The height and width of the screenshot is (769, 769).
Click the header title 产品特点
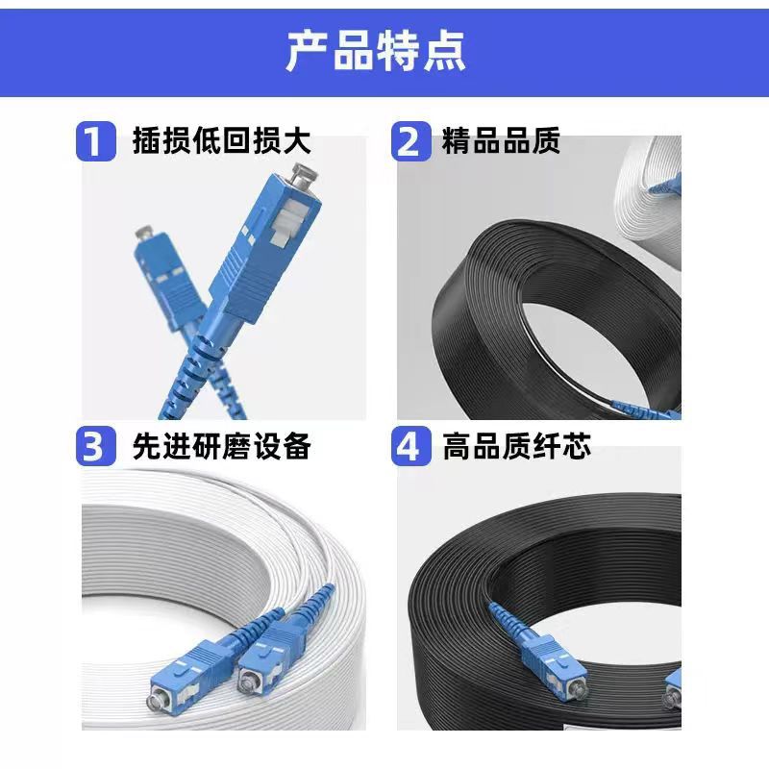click(376, 51)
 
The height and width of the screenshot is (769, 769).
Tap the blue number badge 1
click(96, 141)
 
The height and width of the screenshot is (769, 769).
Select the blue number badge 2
click(411, 141)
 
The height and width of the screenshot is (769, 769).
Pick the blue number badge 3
click(96, 446)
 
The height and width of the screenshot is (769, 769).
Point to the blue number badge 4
click(411, 446)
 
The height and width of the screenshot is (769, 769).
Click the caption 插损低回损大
click(222, 140)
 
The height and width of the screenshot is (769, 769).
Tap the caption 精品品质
click(501, 140)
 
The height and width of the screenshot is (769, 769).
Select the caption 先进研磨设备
click(222, 446)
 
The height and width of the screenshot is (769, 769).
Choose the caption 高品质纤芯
click(516, 446)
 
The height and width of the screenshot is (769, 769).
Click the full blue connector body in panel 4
click(555, 663)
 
